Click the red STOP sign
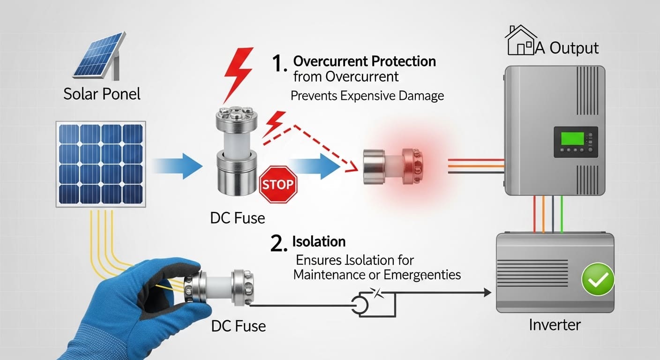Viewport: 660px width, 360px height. click(x=278, y=184)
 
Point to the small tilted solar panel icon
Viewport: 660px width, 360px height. click(x=99, y=56)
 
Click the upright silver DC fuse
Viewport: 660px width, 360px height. click(x=237, y=151)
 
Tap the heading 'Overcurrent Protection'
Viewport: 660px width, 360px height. click(x=364, y=61)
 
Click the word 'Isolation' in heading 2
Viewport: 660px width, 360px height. click(x=319, y=241)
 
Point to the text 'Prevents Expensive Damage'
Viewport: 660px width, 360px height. click(x=367, y=96)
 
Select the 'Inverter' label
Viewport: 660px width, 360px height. click(x=555, y=324)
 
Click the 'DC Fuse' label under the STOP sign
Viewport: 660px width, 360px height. click(x=238, y=217)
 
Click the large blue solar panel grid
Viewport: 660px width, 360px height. click(x=100, y=164)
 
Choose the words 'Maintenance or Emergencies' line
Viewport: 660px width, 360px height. click(x=377, y=274)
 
